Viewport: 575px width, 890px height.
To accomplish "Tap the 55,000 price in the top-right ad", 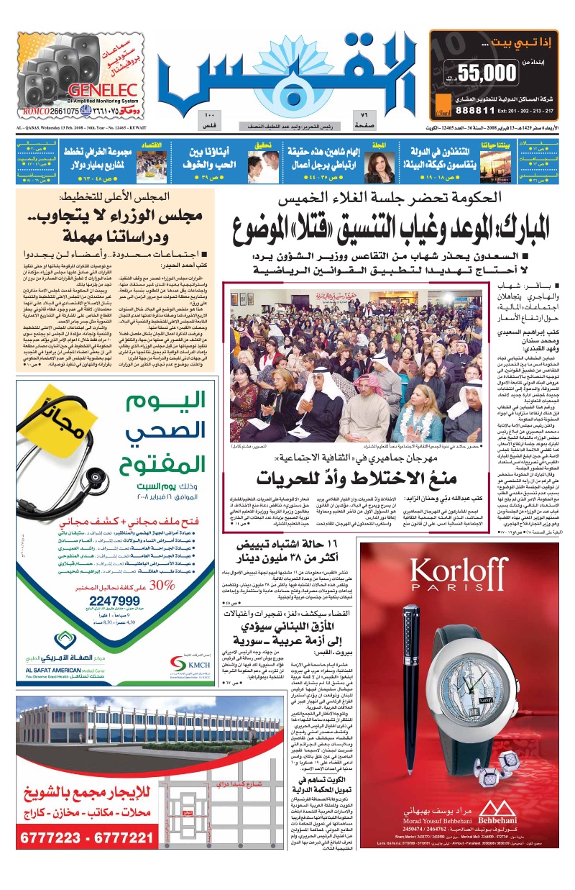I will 491,72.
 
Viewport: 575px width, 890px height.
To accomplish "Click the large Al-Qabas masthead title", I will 287,72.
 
